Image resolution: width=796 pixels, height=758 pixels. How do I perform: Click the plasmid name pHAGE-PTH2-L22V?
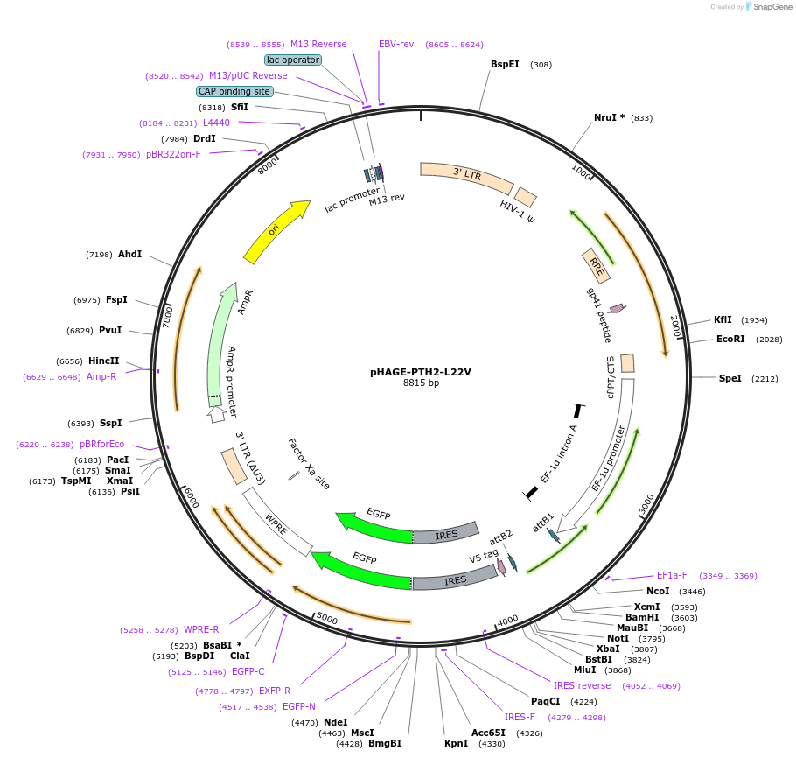pyautogui.click(x=421, y=371)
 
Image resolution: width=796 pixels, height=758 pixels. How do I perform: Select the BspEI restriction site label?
pyautogui.click(x=505, y=64)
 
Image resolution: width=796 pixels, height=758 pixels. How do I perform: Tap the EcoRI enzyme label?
pyautogui.click(x=730, y=339)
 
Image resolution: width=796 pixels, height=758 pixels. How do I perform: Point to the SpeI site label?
pyautogui.click(x=730, y=378)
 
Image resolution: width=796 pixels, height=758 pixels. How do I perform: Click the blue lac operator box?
pyautogui.click(x=293, y=60)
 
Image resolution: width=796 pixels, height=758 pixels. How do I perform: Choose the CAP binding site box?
pyautogui.click(x=234, y=91)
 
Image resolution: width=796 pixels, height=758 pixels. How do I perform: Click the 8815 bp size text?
pyautogui.click(x=421, y=383)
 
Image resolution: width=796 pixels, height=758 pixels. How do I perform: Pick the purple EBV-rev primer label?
pyautogui.click(x=396, y=44)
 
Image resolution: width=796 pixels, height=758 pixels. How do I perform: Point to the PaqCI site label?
pyautogui.click(x=545, y=701)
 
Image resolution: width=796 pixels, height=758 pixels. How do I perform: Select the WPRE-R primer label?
pyautogui.click(x=201, y=629)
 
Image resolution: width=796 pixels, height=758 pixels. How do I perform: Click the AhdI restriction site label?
pyautogui.click(x=129, y=254)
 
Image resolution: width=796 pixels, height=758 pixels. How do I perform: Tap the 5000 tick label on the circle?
pyautogui.click(x=327, y=618)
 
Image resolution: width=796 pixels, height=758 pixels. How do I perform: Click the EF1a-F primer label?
pyautogui.click(x=672, y=575)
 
